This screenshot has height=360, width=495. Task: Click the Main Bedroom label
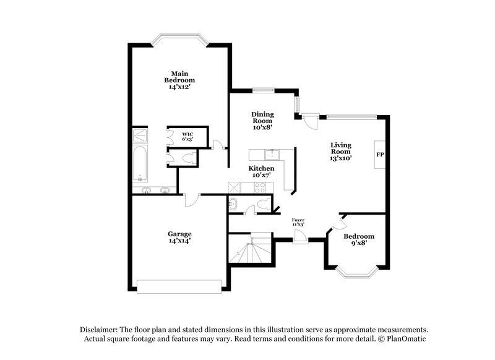pos(179,80)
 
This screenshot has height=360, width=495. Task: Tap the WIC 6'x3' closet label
pos(187,137)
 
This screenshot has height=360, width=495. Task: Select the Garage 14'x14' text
pos(179,237)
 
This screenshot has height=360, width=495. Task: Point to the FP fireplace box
pos(380,154)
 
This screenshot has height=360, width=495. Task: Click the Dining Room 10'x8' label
pos(262,121)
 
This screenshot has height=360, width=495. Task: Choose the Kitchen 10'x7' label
pos(262,171)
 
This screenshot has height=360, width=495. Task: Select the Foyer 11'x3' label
pos(298,221)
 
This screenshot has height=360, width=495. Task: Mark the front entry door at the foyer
pos(300,236)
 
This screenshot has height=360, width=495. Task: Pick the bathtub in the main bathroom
pos(140,164)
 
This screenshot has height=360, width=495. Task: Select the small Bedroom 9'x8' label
pos(359,239)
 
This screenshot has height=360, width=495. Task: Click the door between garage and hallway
pos(191,199)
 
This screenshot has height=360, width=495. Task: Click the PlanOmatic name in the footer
pos(405,339)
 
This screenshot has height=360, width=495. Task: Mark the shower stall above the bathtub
pos(140,135)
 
